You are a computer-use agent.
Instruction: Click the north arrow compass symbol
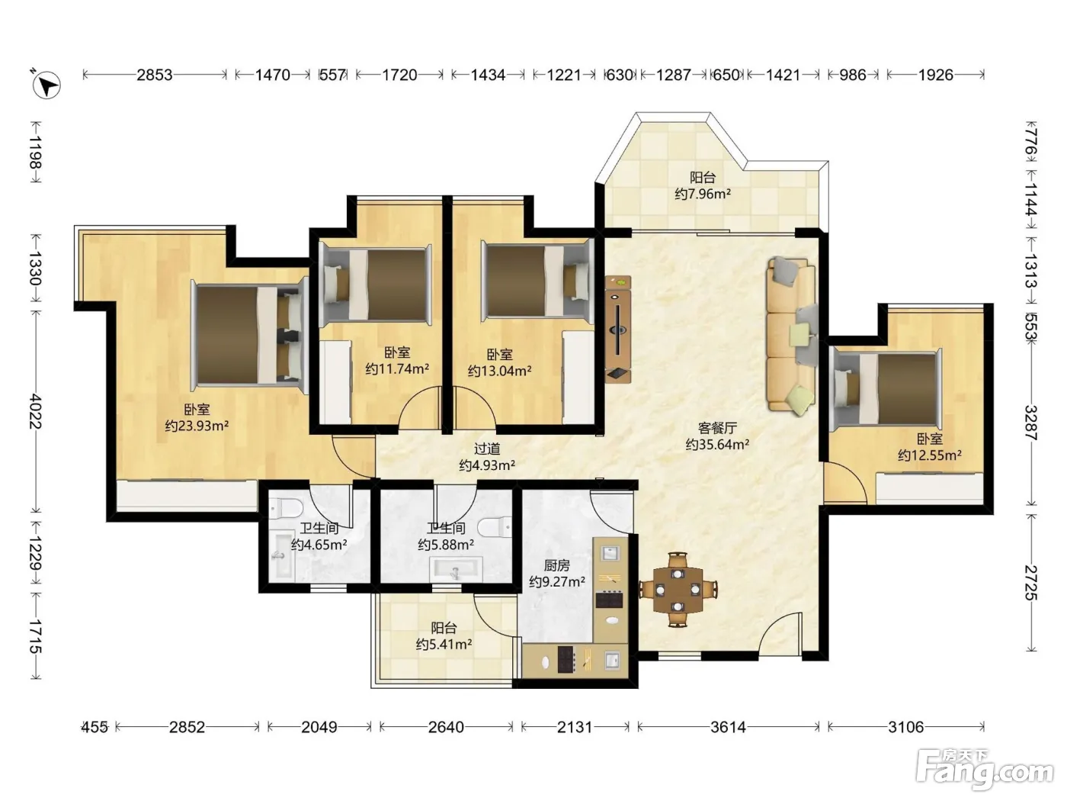coord(46,85)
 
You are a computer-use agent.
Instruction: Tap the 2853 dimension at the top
coord(154,75)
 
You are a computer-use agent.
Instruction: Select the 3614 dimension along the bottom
coord(728,727)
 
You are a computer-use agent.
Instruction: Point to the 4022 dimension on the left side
coord(36,411)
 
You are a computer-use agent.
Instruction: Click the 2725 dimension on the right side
coord(1030,583)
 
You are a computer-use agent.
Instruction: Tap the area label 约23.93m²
coord(197,426)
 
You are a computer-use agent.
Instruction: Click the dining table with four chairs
coord(678,590)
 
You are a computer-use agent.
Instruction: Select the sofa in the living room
coord(792,336)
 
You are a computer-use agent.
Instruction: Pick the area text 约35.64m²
coord(717,444)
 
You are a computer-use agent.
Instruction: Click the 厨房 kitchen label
coord(556,565)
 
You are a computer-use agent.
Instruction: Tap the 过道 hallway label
coord(486,449)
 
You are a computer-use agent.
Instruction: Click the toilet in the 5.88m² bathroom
coord(495,527)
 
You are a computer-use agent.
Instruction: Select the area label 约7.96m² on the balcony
coord(703,194)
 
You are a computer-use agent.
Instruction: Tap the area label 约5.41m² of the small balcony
coord(444,645)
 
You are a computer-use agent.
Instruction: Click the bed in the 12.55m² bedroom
coord(886,389)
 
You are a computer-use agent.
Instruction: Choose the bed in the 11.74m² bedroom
coord(375,285)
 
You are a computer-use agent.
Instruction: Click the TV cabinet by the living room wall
coord(618,330)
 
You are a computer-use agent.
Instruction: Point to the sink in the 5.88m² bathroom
coord(456,569)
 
